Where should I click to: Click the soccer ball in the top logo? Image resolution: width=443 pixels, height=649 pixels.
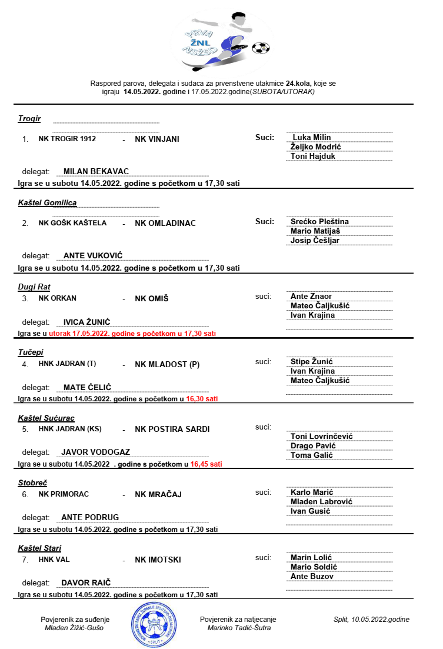(259, 47)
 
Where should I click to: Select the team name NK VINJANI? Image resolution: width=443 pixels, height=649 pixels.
(157, 139)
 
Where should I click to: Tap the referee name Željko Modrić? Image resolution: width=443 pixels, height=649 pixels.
(316, 147)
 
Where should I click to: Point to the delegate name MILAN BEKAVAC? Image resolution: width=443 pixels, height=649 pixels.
(96, 171)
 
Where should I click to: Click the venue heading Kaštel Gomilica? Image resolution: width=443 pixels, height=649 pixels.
(47, 203)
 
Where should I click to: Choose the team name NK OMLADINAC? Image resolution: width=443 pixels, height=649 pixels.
(165, 223)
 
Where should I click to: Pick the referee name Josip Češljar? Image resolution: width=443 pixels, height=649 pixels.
(315, 240)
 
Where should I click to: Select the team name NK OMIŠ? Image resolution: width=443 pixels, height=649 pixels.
(152, 298)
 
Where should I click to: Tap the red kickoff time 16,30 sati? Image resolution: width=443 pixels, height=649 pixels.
(202, 398)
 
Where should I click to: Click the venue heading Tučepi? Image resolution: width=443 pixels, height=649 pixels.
(31, 352)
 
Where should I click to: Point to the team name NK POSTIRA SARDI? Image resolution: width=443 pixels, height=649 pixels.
(172, 429)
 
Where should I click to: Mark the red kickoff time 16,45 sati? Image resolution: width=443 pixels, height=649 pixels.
(206, 464)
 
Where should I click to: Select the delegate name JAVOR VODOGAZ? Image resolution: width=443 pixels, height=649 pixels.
(95, 452)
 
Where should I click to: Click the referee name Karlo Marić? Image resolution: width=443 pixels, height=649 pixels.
(312, 492)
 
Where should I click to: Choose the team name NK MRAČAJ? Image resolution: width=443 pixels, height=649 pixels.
(158, 494)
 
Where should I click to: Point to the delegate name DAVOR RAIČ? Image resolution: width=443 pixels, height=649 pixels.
(86, 583)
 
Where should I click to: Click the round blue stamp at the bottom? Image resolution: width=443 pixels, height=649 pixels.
(150, 623)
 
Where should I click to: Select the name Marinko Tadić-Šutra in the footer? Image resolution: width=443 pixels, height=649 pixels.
(239, 628)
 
